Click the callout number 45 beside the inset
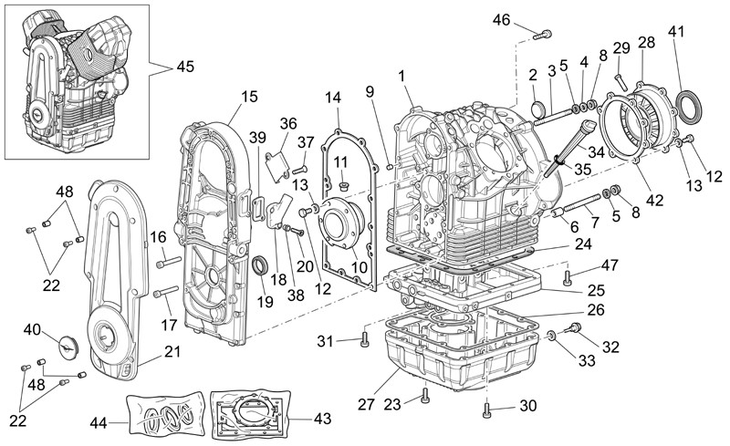pos(185,67)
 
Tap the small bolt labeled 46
pos(543,34)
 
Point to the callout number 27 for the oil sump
pos(367,404)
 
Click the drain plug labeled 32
pos(572,328)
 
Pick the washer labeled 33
pos(551,336)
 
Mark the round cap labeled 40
pos(68,346)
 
